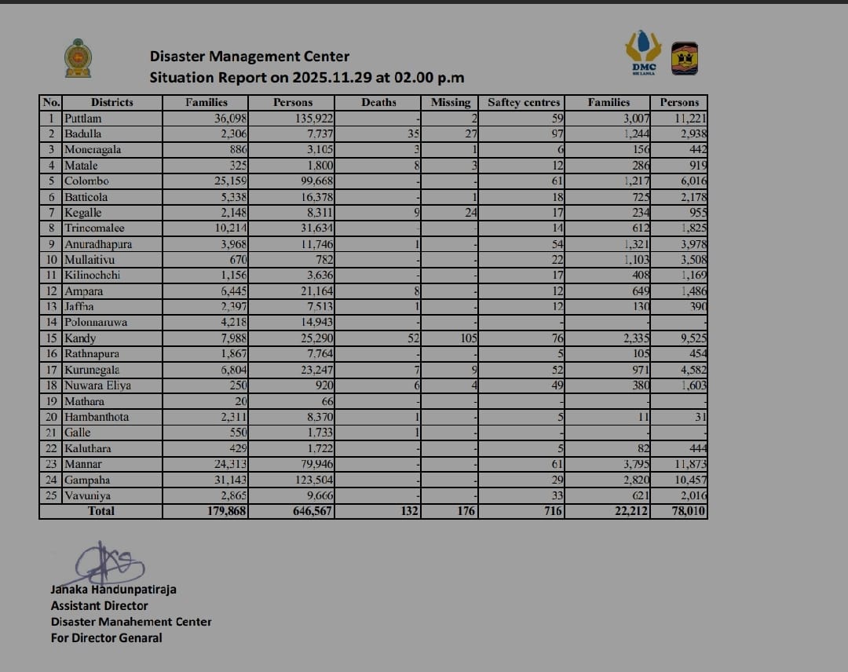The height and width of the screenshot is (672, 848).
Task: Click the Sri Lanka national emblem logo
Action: (77, 58)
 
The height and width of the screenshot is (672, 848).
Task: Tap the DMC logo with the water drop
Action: (643, 53)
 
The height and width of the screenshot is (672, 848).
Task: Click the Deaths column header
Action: (378, 102)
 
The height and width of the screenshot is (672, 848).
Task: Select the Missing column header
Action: (451, 102)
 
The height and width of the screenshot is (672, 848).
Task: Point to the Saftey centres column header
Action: (524, 102)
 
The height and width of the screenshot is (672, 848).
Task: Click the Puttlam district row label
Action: (83, 119)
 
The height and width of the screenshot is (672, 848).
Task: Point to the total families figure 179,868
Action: (225, 511)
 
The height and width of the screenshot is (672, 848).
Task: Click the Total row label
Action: (101, 511)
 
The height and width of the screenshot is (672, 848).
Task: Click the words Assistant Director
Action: (99, 605)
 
